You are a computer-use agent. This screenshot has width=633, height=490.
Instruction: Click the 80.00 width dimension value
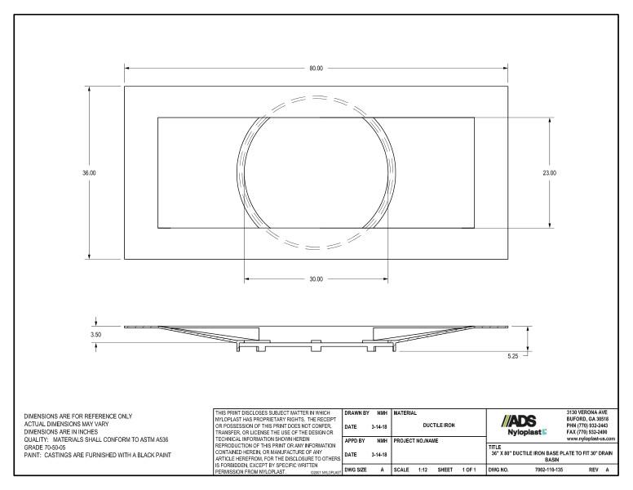click(316, 68)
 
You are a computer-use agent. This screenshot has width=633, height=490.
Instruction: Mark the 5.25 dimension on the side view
click(512, 355)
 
